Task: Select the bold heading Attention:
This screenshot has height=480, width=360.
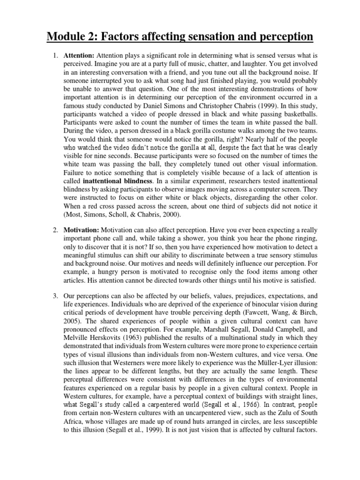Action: click(79, 56)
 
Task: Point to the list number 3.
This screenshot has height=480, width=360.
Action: click(55, 296)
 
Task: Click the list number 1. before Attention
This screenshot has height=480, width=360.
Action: click(55, 56)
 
